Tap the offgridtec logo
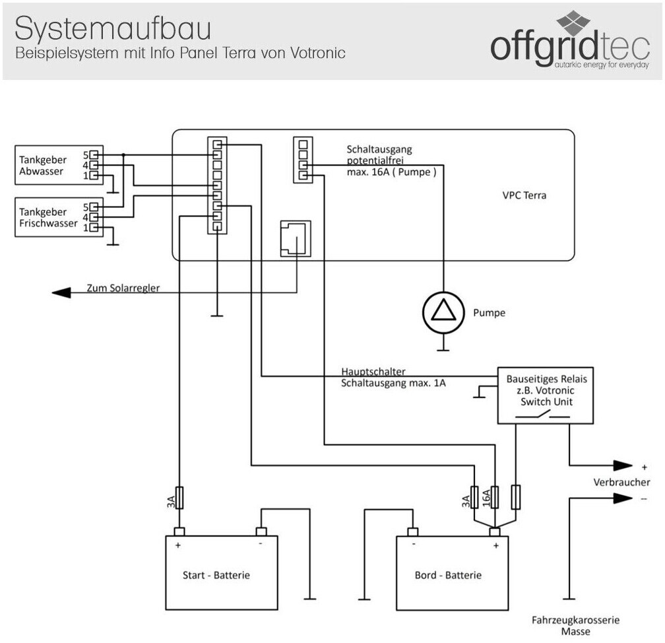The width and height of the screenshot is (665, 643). (x=570, y=42)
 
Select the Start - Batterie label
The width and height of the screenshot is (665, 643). (x=216, y=575)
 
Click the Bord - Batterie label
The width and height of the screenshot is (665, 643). (x=448, y=575)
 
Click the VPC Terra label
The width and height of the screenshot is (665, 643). (x=524, y=195)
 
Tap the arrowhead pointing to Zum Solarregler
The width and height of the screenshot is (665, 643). (x=61, y=292)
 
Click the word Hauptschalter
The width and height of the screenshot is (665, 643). (x=373, y=372)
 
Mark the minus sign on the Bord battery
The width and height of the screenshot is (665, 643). (x=414, y=545)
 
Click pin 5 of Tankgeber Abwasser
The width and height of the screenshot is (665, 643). (x=94, y=155)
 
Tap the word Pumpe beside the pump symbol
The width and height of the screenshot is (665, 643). (x=489, y=312)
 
